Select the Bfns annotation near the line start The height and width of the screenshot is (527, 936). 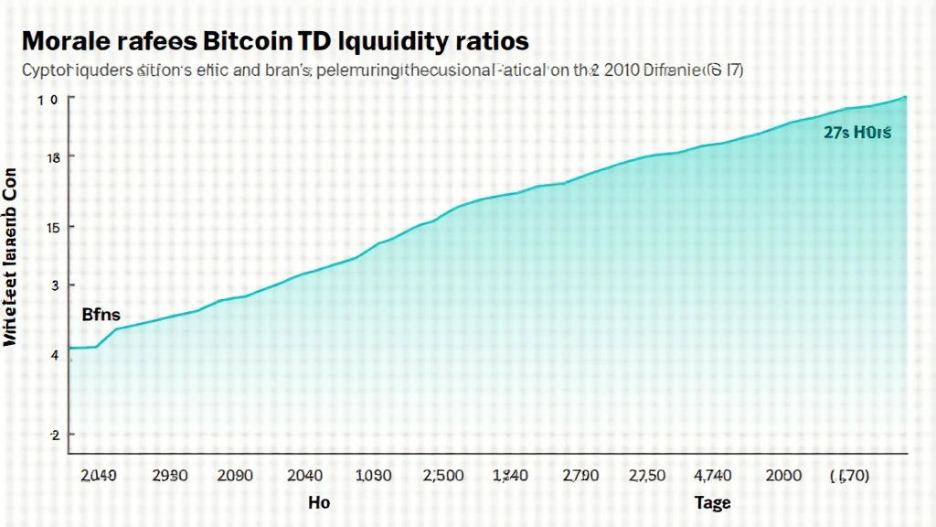tap(101, 315)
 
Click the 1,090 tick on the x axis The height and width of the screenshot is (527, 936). tap(373, 476)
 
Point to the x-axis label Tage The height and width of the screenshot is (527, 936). tap(712, 503)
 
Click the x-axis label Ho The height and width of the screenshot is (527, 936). tap(319, 503)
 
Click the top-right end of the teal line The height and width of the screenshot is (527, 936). tap(905, 96)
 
